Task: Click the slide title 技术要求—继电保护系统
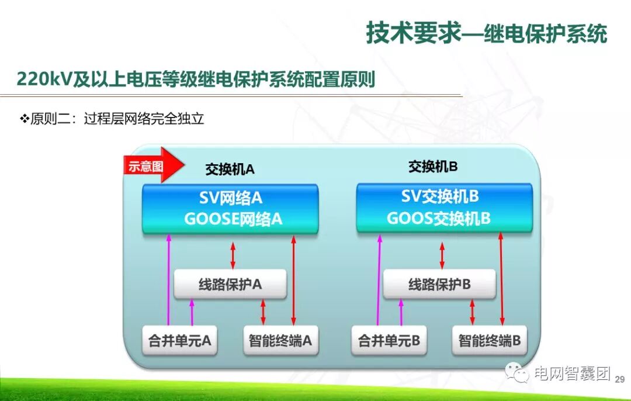point(486,33)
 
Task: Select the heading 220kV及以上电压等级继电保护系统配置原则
point(196,79)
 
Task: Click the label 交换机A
point(230,170)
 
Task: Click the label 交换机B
point(433,167)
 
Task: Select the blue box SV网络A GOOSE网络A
point(231,209)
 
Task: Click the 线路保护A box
point(230,285)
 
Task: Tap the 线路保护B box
point(439,285)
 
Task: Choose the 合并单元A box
point(180,341)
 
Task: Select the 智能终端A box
point(280,341)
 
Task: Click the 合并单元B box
point(389,341)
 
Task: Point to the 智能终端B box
point(490,341)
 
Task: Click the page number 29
point(620,379)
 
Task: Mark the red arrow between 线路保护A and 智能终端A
point(263,312)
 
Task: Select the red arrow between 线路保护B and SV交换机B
point(442,255)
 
